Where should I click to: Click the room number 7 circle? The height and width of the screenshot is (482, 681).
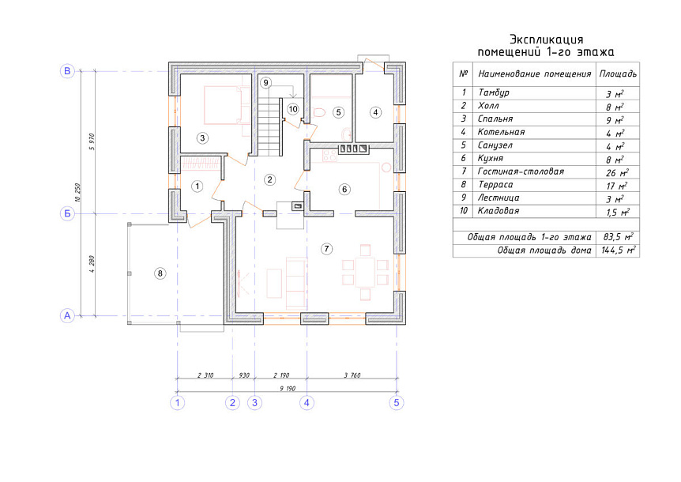326,249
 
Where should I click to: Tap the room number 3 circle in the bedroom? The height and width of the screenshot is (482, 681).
202,138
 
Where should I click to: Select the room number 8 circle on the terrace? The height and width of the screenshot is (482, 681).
160,273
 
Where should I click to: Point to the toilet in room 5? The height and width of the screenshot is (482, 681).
319,112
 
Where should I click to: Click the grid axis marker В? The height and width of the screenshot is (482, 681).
67,71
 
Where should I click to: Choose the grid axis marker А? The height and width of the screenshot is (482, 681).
67,316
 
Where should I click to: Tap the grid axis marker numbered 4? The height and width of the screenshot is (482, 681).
307,402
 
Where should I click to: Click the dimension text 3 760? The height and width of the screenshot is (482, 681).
352,375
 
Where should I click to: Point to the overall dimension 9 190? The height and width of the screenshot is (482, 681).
288,388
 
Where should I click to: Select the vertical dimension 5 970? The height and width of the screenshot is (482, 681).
91,141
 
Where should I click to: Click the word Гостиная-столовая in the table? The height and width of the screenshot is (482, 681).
521,171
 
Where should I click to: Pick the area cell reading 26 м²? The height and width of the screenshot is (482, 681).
617,172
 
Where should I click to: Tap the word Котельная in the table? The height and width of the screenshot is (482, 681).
501,132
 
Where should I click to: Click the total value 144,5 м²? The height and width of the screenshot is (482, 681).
619,250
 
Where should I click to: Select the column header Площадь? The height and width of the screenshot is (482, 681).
618,73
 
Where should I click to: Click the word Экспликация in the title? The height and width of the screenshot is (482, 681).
547,40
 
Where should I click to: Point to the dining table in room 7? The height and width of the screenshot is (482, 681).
365,273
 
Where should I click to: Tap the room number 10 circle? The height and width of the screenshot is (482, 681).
293,109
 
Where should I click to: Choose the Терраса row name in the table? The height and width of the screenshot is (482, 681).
495,185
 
